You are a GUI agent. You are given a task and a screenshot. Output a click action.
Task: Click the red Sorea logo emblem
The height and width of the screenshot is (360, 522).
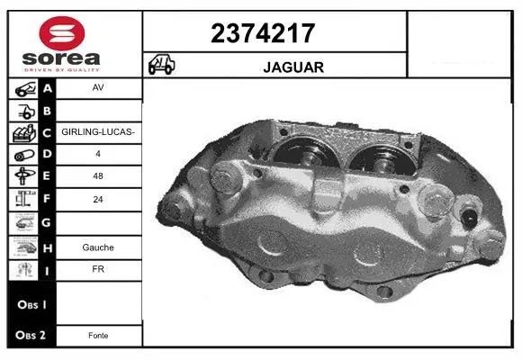62,33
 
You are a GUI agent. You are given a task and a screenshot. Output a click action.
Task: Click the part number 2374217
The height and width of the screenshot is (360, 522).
263,33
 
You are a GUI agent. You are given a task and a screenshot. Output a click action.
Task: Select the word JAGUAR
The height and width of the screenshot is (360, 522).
293,67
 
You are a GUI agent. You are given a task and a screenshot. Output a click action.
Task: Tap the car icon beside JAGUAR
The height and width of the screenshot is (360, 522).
161,64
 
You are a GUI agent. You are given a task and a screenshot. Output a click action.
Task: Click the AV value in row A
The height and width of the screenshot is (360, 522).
98,87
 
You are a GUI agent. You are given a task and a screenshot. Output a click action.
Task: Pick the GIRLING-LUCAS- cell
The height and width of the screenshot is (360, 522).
98,132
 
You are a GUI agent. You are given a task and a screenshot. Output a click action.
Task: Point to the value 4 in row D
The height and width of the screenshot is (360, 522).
98,154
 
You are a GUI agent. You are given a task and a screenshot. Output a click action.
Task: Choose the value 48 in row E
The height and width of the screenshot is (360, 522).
98,175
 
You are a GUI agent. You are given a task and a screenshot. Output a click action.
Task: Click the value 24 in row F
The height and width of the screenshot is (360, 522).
98,199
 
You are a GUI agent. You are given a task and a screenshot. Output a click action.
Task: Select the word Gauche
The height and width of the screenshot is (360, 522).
98,247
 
